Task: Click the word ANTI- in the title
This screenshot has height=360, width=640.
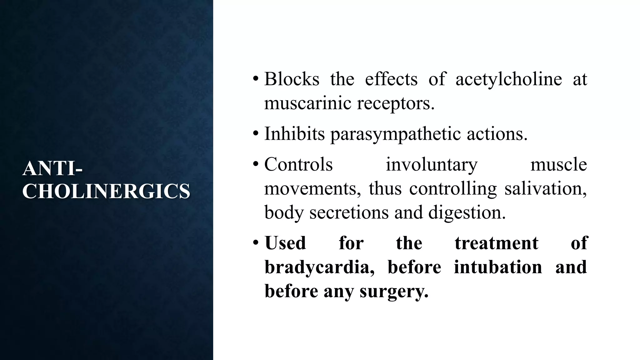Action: [x=52, y=168]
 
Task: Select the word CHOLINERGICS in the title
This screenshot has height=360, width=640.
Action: [x=106, y=191]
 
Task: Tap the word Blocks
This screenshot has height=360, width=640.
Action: [x=292, y=79]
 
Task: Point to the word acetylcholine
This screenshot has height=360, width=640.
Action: [x=508, y=79]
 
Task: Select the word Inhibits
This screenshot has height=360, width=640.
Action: [x=294, y=134]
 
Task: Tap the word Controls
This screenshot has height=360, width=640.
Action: [x=298, y=164]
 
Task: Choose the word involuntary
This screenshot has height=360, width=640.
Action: [x=432, y=165]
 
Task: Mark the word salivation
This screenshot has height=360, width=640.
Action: [x=546, y=189]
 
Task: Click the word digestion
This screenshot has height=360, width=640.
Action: [x=467, y=212]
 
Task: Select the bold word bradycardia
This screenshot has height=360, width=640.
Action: [x=319, y=267]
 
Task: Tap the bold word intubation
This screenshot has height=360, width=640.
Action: [x=498, y=267]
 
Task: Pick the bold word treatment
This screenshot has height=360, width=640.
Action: [x=496, y=243]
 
